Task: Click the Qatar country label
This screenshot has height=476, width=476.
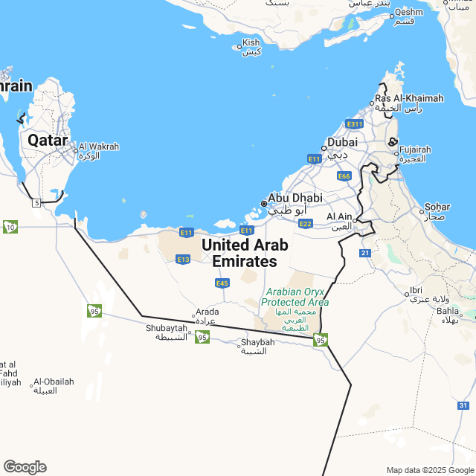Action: tap(48, 140)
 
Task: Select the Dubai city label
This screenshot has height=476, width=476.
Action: tap(342, 142)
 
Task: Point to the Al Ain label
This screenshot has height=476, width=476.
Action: tap(339, 217)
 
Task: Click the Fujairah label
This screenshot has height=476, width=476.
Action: tap(415, 150)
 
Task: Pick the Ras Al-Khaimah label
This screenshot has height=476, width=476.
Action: tap(409, 98)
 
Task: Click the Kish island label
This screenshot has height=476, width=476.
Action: tap(251, 43)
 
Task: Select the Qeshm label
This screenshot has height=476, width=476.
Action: tap(408, 12)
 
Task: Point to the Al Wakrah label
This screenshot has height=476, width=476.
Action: tap(98, 147)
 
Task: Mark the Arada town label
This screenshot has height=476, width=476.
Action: tap(206, 312)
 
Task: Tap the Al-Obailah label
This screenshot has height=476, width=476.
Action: tap(54, 382)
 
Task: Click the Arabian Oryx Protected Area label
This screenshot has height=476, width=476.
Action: tap(295, 297)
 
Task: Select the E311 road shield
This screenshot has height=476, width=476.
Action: tap(354, 123)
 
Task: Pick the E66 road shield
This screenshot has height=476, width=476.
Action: tap(344, 176)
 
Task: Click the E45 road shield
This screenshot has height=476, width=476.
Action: tap(222, 283)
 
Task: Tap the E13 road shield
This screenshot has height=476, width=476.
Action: tap(183, 259)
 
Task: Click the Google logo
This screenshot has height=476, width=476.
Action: tap(25, 466)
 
